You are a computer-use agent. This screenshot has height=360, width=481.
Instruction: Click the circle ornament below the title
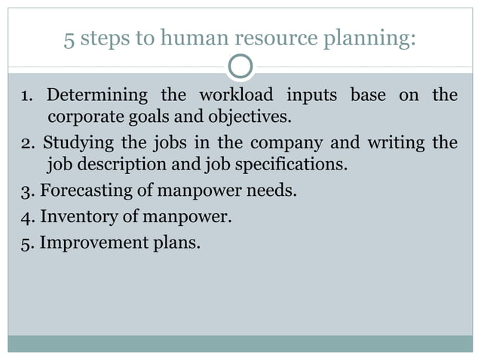(240, 68)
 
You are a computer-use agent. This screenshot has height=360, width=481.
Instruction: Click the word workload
(235, 96)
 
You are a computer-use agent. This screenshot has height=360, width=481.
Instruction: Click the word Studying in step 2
(78, 142)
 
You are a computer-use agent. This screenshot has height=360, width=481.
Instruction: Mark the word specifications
(293, 165)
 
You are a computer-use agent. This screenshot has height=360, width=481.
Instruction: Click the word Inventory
(74, 217)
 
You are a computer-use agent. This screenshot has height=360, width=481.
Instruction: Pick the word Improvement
(88, 243)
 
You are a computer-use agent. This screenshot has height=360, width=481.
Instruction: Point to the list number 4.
(24, 217)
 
